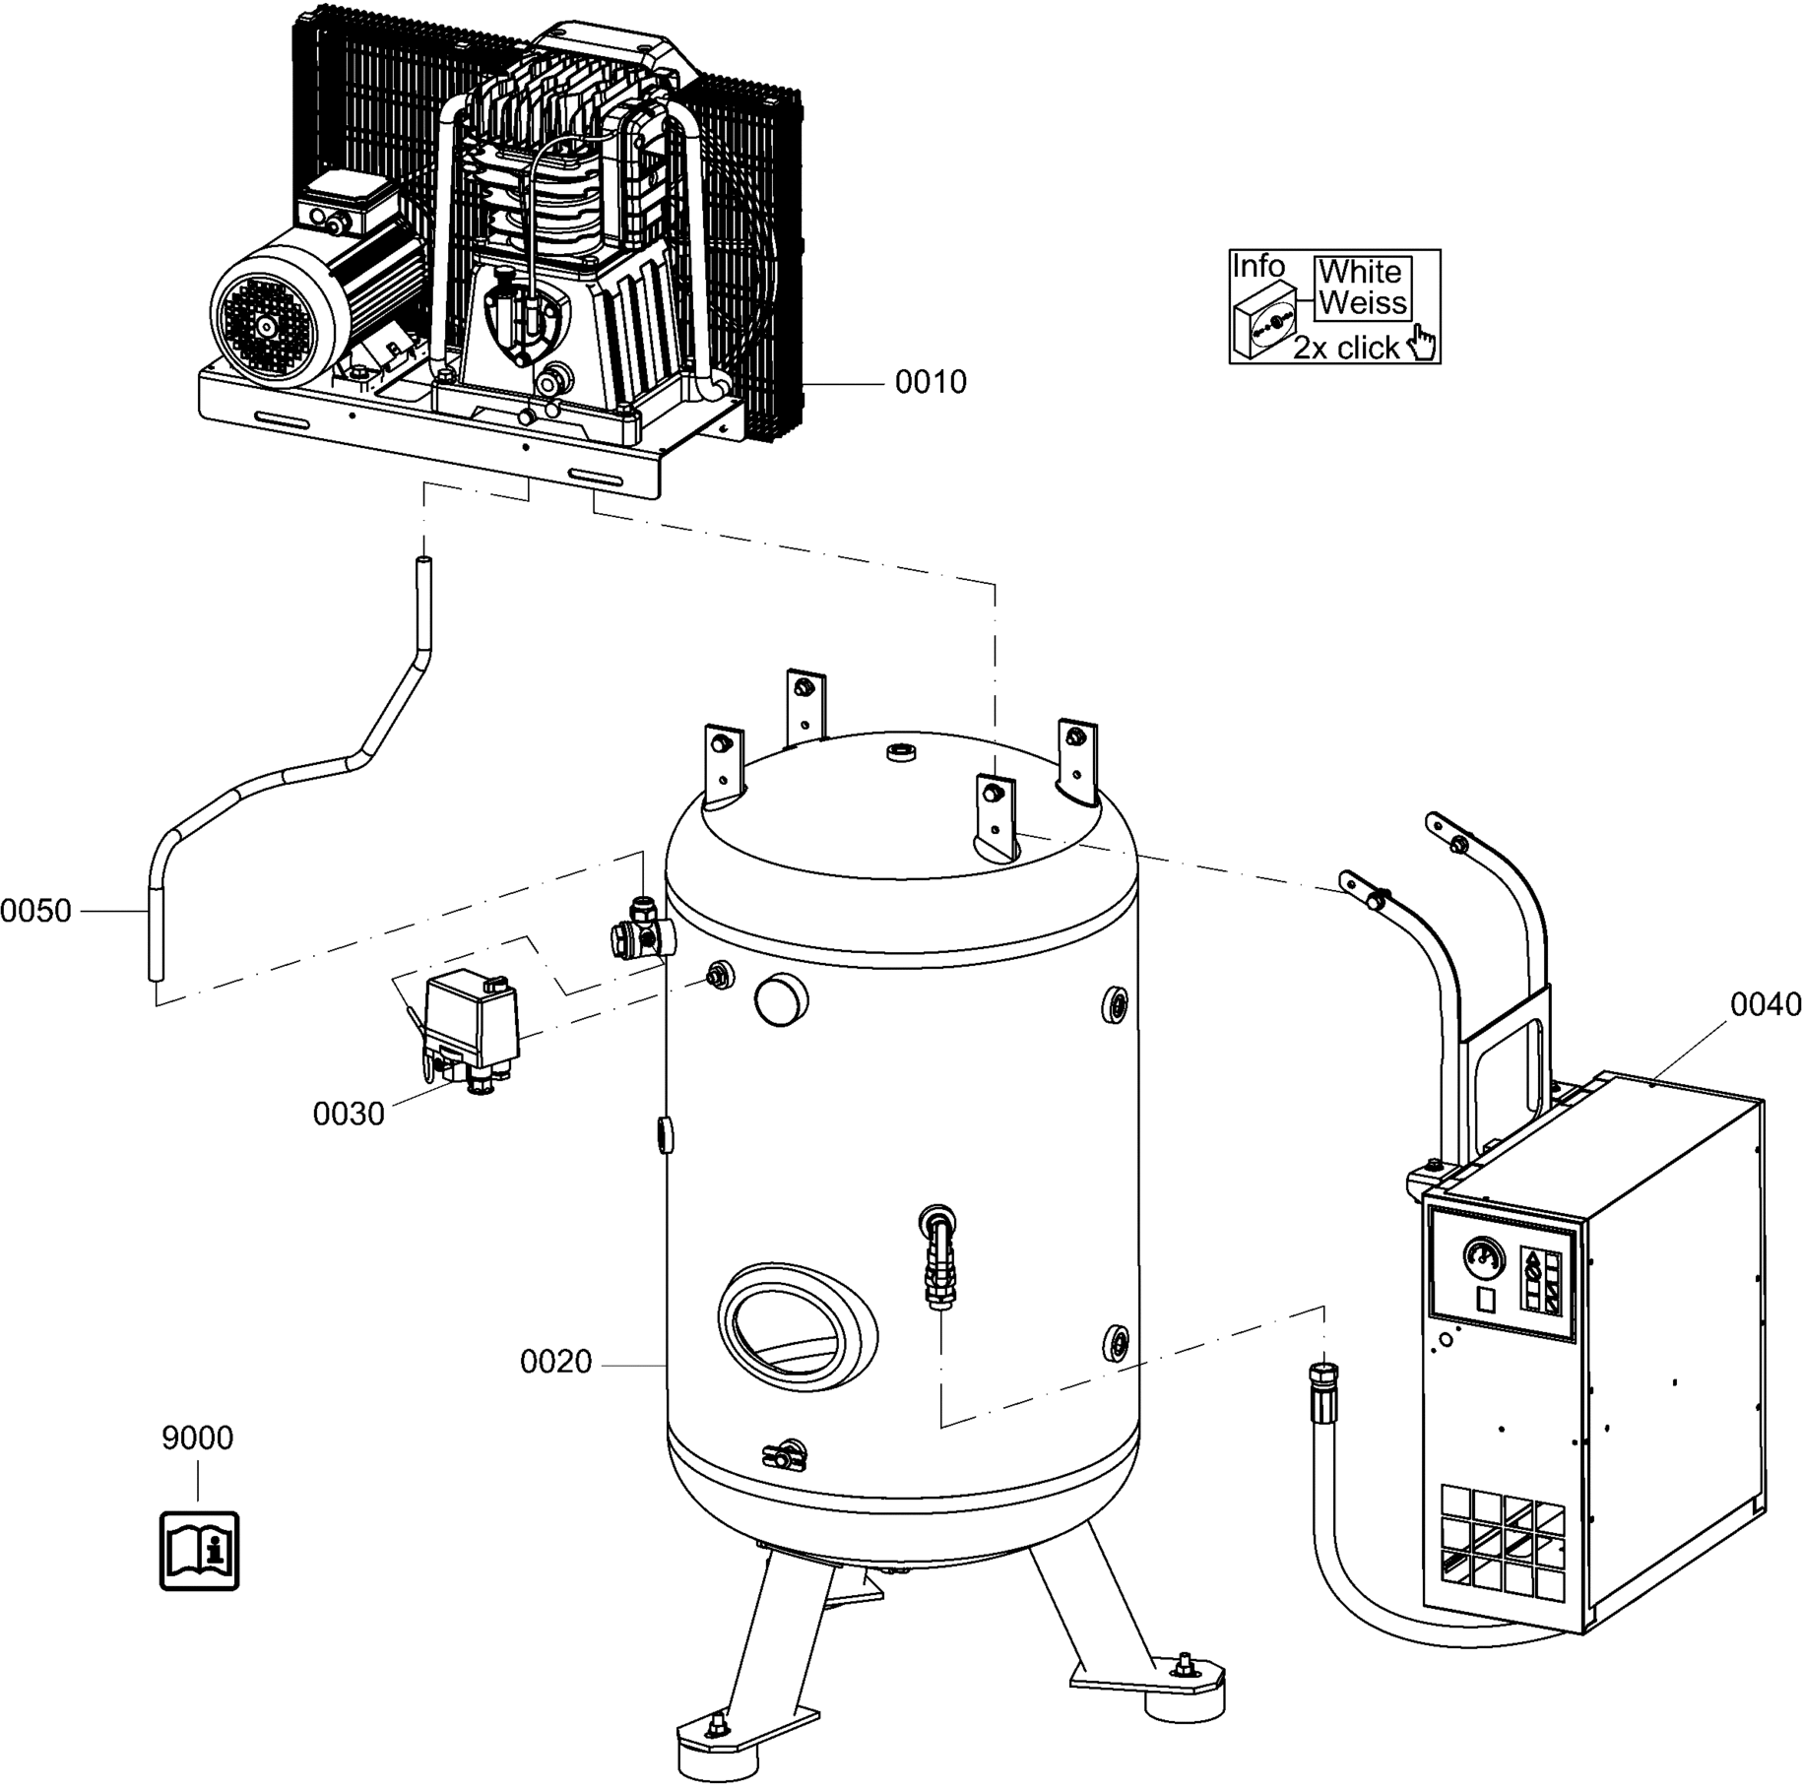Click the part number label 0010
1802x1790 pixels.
click(931, 382)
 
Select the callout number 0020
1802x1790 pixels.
click(556, 1363)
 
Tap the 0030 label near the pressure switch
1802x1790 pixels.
click(349, 1115)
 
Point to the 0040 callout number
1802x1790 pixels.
click(1767, 1005)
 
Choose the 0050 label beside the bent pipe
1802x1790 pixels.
click(36, 912)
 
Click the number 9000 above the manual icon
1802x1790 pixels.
click(198, 1438)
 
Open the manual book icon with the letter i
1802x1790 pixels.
click(200, 1551)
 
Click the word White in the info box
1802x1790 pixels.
click(1360, 272)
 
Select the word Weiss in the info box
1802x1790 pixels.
click(1363, 302)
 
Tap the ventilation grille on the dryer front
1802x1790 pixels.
click(1503, 1543)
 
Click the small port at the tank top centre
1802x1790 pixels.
click(902, 753)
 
